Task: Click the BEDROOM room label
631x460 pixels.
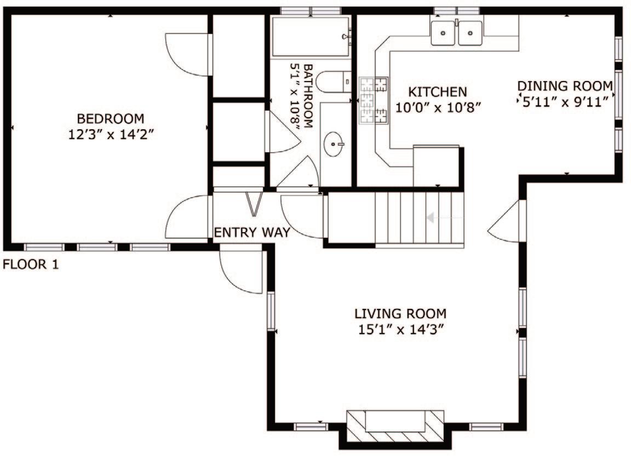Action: click(110, 119)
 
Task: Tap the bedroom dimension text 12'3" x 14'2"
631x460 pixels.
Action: click(112, 134)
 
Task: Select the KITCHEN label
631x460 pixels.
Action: click(438, 92)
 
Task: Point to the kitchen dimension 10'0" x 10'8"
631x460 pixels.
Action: click(438, 107)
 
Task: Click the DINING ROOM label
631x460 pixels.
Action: click(565, 86)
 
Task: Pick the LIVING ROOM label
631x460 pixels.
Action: click(400, 313)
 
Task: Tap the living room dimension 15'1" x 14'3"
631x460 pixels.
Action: click(400, 330)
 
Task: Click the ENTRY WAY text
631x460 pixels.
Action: click(252, 233)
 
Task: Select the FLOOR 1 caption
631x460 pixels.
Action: click(31, 264)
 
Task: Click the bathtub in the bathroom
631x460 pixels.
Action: click(310, 37)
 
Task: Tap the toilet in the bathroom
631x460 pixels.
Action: click(333, 82)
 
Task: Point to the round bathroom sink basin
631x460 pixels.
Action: click(334, 144)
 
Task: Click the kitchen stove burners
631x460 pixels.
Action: click(374, 101)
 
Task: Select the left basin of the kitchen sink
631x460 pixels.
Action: click(443, 33)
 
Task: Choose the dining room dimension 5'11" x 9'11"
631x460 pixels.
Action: click(565, 102)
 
